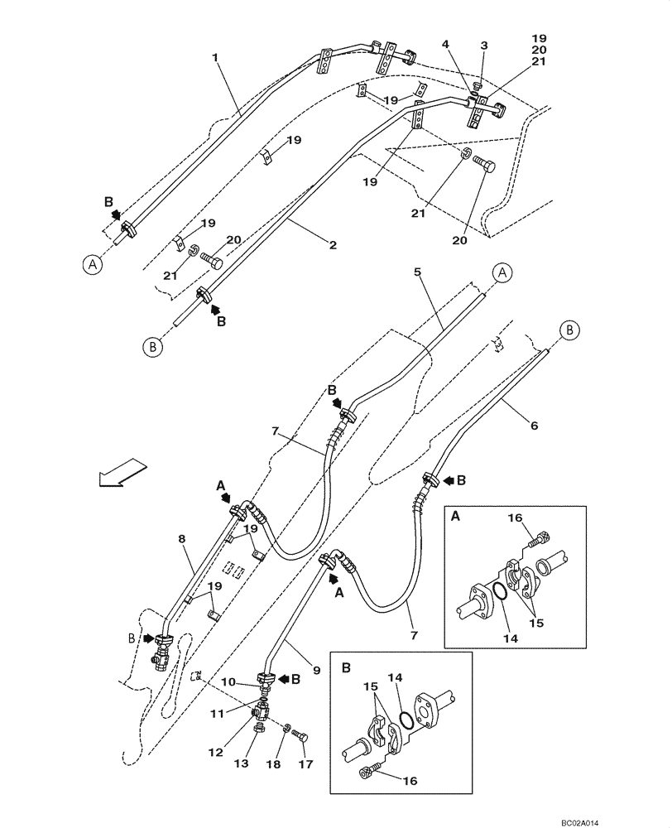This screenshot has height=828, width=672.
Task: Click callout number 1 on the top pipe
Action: click(x=215, y=58)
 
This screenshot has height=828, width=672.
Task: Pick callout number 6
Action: click(x=534, y=426)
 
